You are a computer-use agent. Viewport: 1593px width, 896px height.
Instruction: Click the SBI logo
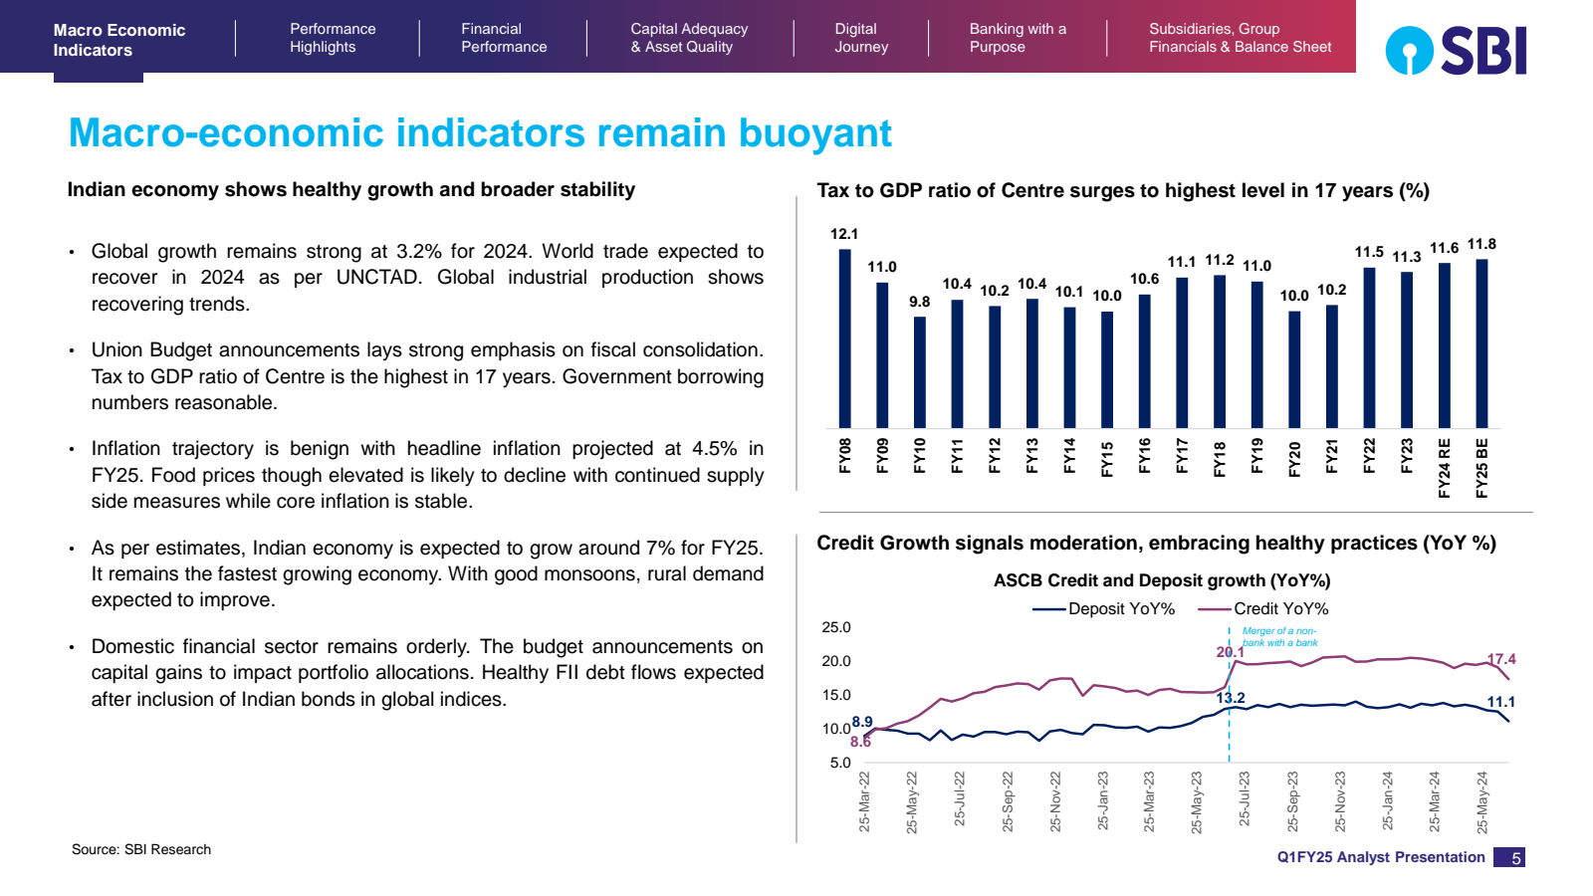[x=1456, y=51]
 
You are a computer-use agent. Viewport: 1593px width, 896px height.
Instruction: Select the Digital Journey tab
[x=860, y=38]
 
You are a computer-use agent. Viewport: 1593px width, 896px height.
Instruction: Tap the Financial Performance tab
[x=503, y=38]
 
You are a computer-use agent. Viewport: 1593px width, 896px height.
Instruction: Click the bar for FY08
[x=844, y=338]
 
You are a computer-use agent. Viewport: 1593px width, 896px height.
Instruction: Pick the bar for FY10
[x=919, y=372]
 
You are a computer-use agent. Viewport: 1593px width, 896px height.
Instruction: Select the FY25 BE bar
[x=1481, y=343]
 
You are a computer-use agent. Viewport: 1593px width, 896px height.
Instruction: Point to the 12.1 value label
[x=843, y=234]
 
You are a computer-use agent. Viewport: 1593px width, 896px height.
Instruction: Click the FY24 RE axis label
[x=1445, y=468]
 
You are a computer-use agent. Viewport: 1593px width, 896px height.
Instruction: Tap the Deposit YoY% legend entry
[x=1104, y=608]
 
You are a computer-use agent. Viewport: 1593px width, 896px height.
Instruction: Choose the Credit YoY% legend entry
[x=1264, y=608]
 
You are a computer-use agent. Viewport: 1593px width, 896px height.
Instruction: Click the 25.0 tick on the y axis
[x=836, y=627]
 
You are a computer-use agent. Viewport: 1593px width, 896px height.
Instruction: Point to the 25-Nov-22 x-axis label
[x=1055, y=801]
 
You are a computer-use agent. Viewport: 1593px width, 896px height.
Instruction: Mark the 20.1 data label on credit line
[x=1230, y=652]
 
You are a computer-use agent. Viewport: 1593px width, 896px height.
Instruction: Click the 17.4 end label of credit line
[x=1501, y=659]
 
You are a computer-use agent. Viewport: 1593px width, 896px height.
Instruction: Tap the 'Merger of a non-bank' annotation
[x=1279, y=637]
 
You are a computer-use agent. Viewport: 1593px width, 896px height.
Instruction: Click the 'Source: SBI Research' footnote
[x=141, y=849]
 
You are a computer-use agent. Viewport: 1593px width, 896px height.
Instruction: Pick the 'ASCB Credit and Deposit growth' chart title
[x=1161, y=580]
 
